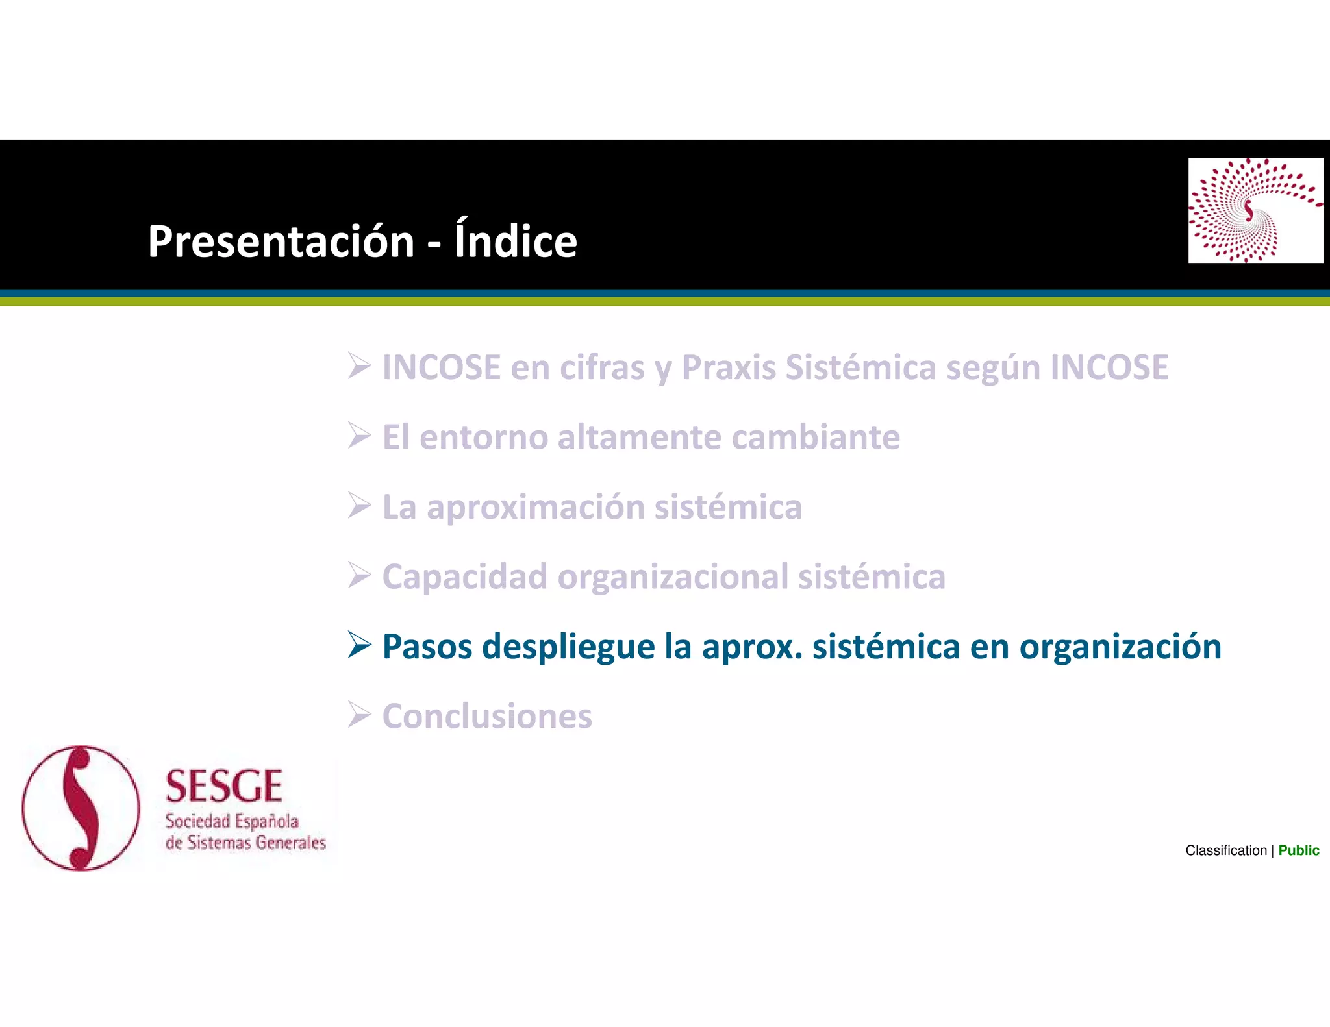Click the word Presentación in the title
[281, 241]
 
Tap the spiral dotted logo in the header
[1255, 210]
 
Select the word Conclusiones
[487, 716]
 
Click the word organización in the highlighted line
[1120, 647]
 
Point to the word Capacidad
[464, 577]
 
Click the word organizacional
[672, 577]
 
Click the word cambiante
[816, 437]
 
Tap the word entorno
[483, 437]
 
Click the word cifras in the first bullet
[602, 367]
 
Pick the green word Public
[1298, 850]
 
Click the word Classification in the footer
[1225, 850]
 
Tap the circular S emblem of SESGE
[81, 808]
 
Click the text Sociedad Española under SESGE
[232, 822]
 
